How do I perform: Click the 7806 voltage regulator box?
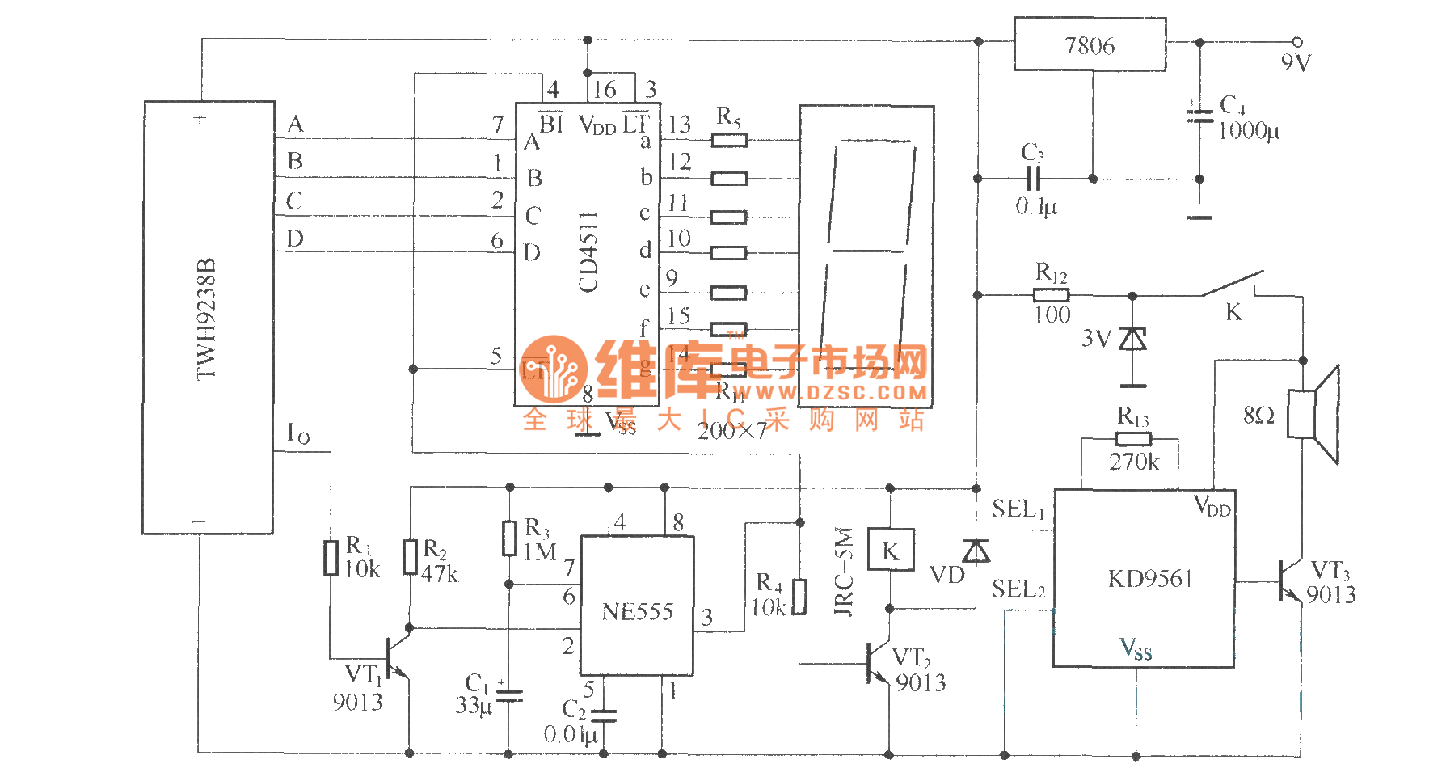click(1090, 44)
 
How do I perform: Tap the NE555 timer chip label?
click(637, 612)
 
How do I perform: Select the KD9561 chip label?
click(1149, 579)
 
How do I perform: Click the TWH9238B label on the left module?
click(207, 319)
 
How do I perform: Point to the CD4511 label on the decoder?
click(588, 251)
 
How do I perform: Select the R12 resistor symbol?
click(1051, 295)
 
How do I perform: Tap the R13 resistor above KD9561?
click(1133, 439)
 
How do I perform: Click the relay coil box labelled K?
click(890, 551)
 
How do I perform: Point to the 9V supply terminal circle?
click(1297, 41)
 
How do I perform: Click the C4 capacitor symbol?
click(1199, 116)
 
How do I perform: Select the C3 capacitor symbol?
click(1033, 179)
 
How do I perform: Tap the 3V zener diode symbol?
click(1132, 339)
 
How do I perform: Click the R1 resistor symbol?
click(331, 558)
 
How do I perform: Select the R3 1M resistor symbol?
click(509, 538)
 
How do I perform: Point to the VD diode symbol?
click(976, 551)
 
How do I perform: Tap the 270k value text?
click(1133, 462)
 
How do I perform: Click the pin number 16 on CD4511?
click(605, 90)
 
